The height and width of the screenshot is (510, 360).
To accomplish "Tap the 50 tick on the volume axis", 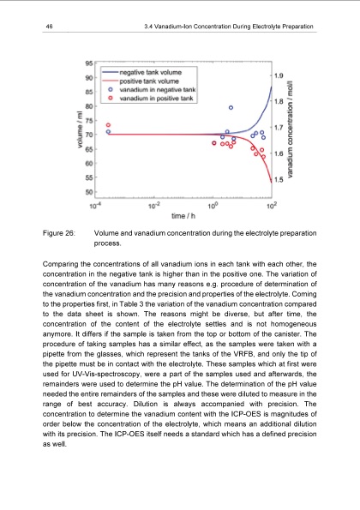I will [x=90, y=192].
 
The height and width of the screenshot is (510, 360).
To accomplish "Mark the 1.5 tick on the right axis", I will [x=278, y=180].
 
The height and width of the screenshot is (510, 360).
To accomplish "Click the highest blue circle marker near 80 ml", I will [x=231, y=107].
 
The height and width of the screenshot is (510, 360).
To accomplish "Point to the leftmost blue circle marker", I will [x=108, y=132].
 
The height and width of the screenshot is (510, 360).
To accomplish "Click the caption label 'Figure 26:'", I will [x=57, y=233].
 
